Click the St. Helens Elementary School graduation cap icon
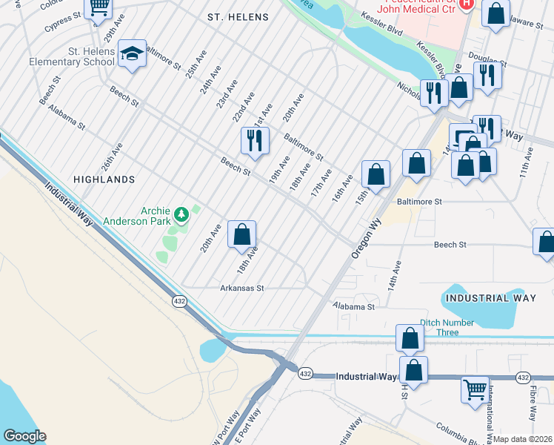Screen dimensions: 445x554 click(x=132, y=53)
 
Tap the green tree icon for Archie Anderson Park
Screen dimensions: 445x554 click(x=181, y=215)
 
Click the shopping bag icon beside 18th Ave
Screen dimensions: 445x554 click(x=241, y=235)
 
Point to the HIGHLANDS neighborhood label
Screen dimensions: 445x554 click(x=104, y=179)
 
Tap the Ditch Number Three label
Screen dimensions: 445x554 click(x=450, y=323)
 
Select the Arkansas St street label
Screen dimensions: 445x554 click(x=242, y=288)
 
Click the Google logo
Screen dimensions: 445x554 click(x=24, y=436)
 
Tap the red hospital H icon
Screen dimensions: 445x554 click(x=466, y=4)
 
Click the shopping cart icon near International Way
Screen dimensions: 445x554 click(x=475, y=388)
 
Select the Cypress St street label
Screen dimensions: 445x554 click(x=61, y=16)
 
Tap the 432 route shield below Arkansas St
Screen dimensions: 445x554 click(x=180, y=301)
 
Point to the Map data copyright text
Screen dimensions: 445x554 click(x=523, y=439)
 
